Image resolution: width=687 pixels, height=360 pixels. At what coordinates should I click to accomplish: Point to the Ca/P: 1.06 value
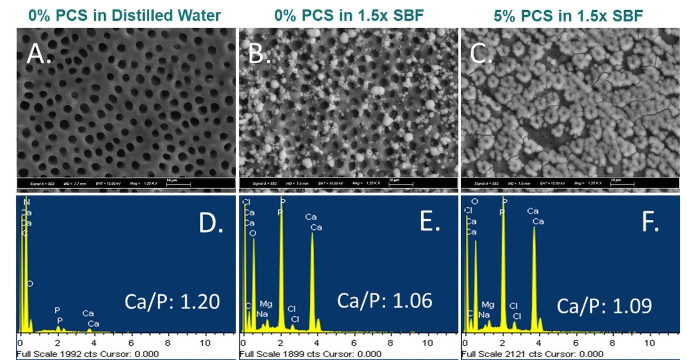(x=385, y=300)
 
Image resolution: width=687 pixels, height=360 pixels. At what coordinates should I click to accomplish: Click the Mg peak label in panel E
(x=266, y=304)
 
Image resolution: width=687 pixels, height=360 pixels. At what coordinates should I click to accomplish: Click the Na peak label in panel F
(x=484, y=315)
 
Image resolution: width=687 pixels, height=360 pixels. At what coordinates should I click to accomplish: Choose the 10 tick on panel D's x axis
(x=205, y=342)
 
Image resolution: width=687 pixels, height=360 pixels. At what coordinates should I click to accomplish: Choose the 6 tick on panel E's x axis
(x=354, y=342)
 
